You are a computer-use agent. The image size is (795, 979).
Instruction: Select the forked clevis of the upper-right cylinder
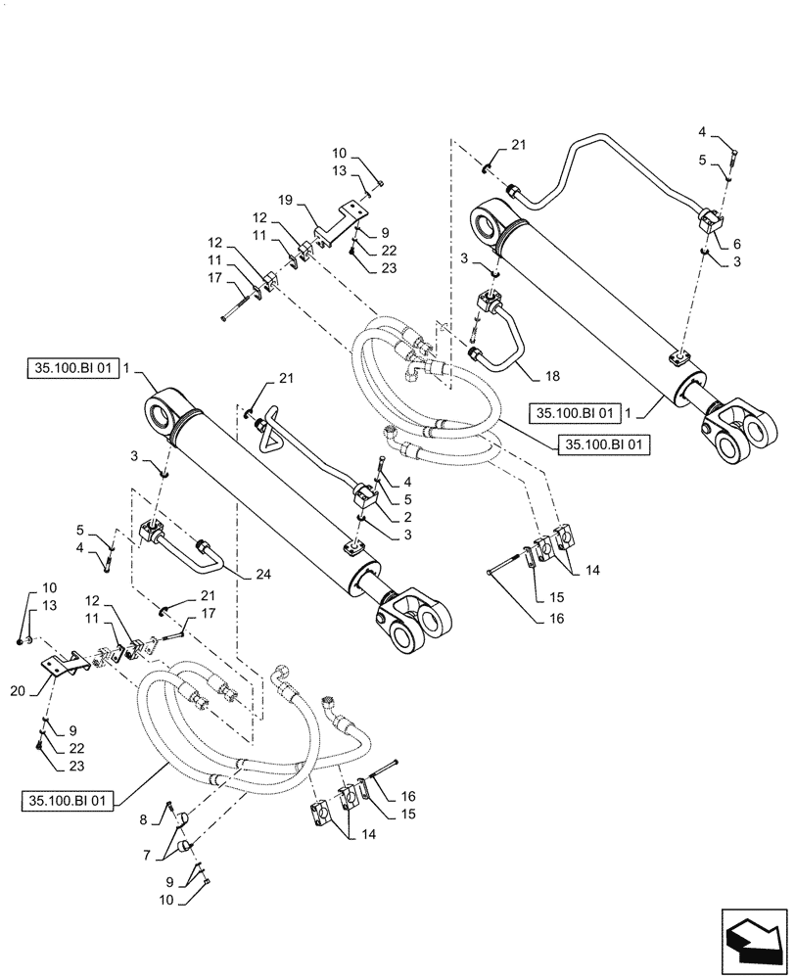point(744,431)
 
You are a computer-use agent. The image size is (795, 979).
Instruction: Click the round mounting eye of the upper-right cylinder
point(490,223)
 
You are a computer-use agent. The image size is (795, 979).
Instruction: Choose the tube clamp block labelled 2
point(365,493)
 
